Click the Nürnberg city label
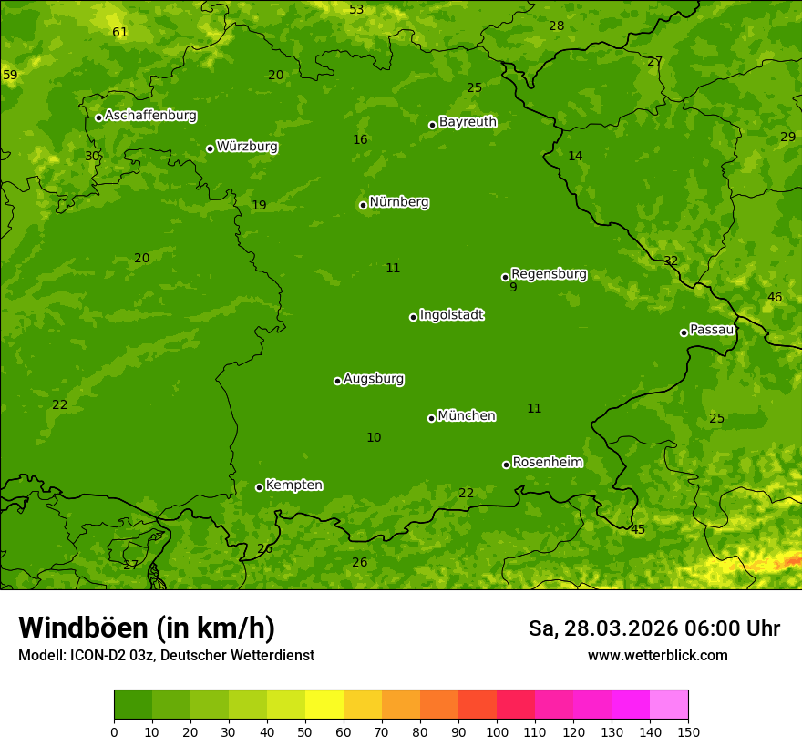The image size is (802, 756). pyautogui.click(x=398, y=202)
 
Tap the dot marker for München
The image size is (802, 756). pyautogui.click(x=431, y=418)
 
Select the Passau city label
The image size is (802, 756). pyautogui.click(x=711, y=330)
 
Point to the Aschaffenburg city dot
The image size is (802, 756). pyautogui.click(x=98, y=117)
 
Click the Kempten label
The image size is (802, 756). pyautogui.click(x=293, y=485)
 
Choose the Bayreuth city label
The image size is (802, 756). pyautogui.click(x=468, y=122)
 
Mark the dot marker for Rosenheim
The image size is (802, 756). pyautogui.click(x=506, y=465)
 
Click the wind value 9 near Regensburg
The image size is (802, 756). pyautogui.click(x=513, y=288)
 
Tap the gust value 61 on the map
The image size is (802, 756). pyautogui.click(x=119, y=33)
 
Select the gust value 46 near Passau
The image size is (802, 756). pyautogui.click(x=775, y=298)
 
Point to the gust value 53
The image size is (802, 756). pyautogui.click(x=356, y=10)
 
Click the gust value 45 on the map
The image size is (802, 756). pyautogui.click(x=638, y=530)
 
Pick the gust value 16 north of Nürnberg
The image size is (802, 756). pyautogui.click(x=360, y=140)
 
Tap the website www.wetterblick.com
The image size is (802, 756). pyautogui.click(x=657, y=655)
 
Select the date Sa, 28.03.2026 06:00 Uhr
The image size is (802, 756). pyautogui.click(x=653, y=628)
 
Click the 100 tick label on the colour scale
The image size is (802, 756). pyautogui.click(x=497, y=731)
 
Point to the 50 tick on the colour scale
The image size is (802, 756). pyautogui.click(x=305, y=731)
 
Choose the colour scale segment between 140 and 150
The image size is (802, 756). pyautogui.click(x=669, y=705)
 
